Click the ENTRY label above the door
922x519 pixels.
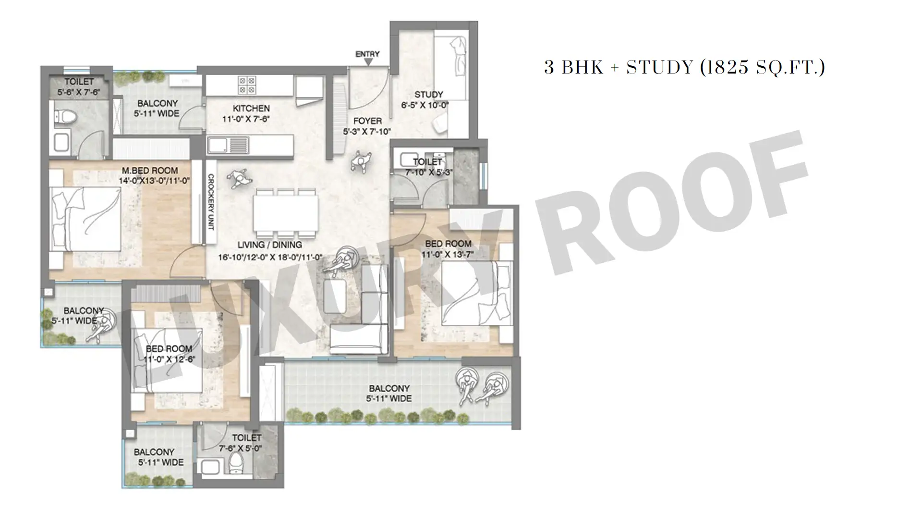point(367,54)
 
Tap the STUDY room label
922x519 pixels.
point(429,95)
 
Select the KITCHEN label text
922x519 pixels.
point(251,109)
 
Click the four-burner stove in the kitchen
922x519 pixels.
point(247,85)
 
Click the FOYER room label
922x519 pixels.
point(367,121)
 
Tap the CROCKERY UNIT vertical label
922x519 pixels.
point(210,202)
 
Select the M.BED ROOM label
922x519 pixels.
point(150,171)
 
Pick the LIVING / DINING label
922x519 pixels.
point(270,245)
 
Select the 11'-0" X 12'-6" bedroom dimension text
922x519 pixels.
point(169,359)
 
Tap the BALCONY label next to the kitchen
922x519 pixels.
point(158,103)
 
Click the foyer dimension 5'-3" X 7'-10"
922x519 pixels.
point(367,132)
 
